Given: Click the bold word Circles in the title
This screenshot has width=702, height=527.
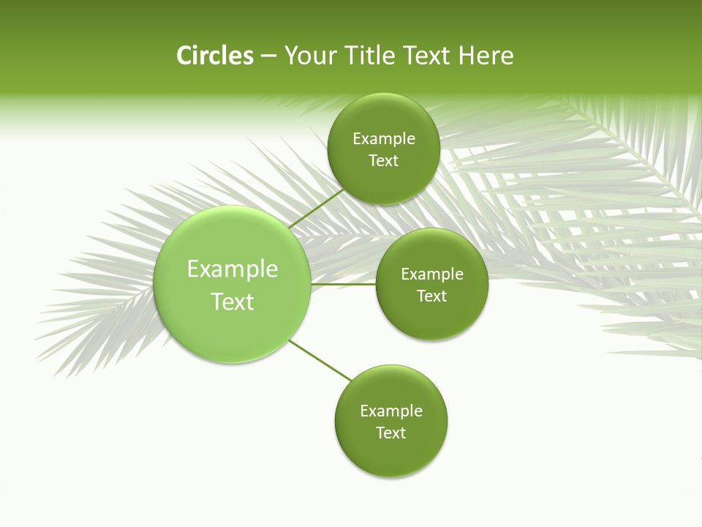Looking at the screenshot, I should coord(214,56).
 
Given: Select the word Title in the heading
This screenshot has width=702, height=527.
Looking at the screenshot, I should coord(372,56).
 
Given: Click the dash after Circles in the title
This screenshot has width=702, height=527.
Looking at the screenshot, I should coord(268,56).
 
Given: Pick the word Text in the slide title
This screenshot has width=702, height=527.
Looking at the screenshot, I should coord(427,56).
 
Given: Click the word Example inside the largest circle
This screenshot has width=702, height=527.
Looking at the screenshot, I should coord(233,269).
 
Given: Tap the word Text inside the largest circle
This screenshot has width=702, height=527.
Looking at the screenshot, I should coord(233,302).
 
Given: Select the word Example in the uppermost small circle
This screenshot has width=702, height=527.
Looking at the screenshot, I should coord(384,139).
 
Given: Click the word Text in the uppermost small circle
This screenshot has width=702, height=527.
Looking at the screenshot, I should coord(384,161).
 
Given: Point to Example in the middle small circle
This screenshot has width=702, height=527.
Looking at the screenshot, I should coord(432,274).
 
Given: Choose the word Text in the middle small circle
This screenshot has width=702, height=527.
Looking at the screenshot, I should coord(432,296).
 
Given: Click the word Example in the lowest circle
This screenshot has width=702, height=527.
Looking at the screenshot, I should coord(391,411).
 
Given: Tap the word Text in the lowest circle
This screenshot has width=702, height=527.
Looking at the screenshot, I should coord(391,433).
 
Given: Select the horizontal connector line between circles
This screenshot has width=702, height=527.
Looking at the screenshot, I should coord(344,284).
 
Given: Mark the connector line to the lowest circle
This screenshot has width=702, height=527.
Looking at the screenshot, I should coord(320,361).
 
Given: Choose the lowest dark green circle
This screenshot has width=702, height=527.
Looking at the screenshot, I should coord(391,457).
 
